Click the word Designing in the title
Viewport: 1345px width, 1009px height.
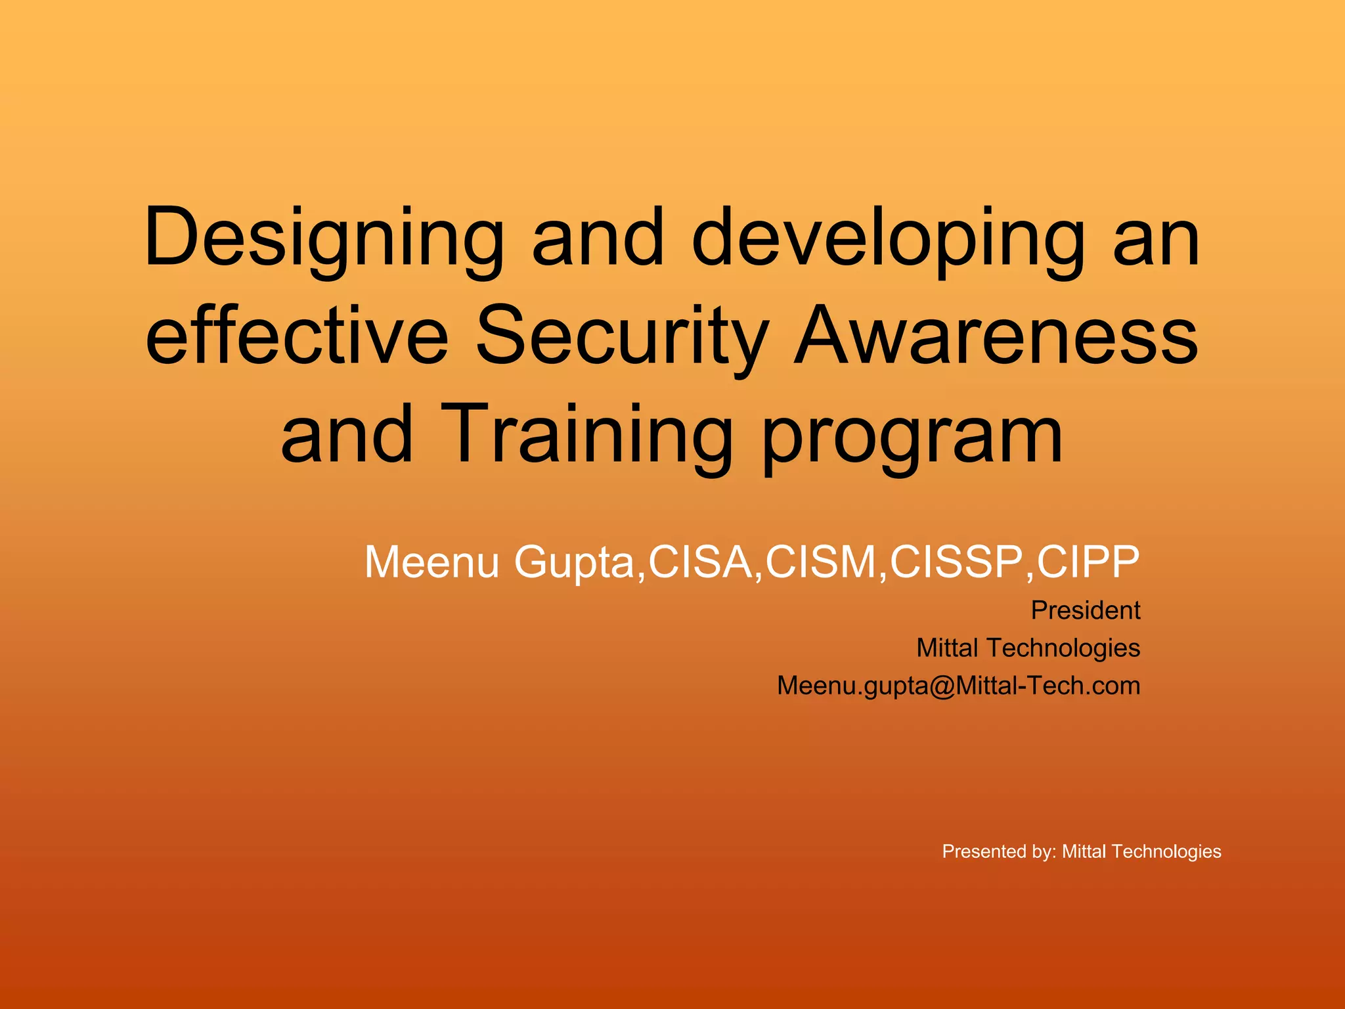pyautogui.click(x=324, y=238)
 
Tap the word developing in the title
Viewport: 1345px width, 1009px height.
pyautogui.click(x=888, y=238)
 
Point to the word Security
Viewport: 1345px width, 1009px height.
pyautogui.click(x=622, y=335)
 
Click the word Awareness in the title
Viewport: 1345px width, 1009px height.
pyautogui.click(x=996, y=335)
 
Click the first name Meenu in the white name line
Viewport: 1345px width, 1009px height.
pyautogui.click(x=431, y=562)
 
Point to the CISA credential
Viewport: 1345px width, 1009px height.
pyautogui.click(x=701, y=562)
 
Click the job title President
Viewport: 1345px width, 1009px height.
pyautogui.click(x=1085, y=610)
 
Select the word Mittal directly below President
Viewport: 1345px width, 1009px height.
pyautogui.click(x=947, y=648)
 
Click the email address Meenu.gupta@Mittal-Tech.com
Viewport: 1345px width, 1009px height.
pyautogui.click(x=958, y=686)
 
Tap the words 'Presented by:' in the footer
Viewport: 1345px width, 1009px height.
pyautogui.click(x=999, y=852)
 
